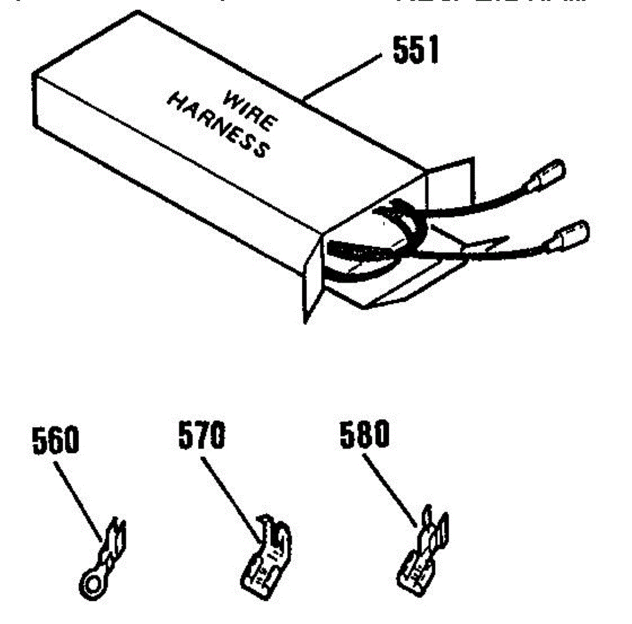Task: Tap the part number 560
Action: click(x=55, y=441)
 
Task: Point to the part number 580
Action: click(x=364, y=434)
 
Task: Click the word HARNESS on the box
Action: click(x=218, y=126)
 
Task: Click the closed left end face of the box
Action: click(x=37, y=100)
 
